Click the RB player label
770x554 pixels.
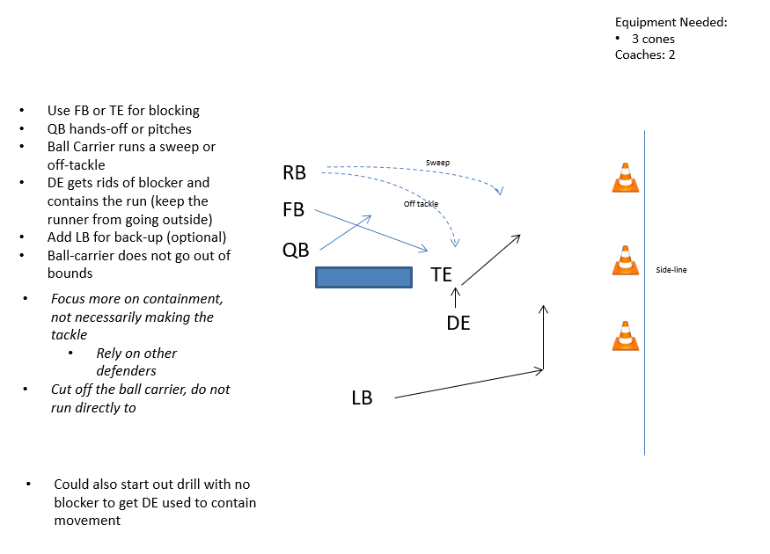pos(294,173)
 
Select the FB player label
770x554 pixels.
pos(294,211)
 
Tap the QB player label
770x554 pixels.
pos(296,250)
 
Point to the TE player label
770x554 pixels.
pos(441,274)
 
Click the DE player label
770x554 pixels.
pos(458,324)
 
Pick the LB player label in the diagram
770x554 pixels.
pos(362,398)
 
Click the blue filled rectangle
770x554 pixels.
pos(364,278)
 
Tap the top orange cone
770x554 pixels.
pos(625,178)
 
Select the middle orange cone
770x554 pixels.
pos(625,260)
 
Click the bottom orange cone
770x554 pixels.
pos(625,337)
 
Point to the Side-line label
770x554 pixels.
pos(671,270)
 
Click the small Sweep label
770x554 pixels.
pos(437,163)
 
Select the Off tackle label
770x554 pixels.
pos(421,204)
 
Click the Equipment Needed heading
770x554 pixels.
pos(671,23)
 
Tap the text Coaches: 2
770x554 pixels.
pos(645,55)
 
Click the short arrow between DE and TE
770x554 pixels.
pos(455,297)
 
